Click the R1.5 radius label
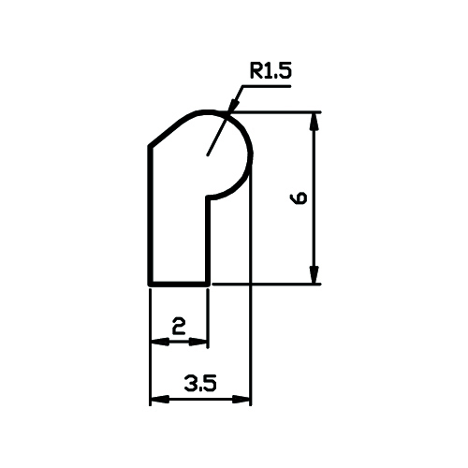[x=271, y=71]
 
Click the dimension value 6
[x=299, y=198]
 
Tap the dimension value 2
[x=179, y=327]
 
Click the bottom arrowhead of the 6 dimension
[x=314, y=274]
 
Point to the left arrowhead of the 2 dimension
[x=160, y=342]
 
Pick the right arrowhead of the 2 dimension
[x=198, y=342]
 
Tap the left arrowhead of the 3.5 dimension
[x=160, y=399]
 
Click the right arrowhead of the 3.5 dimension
[x=241, y=399]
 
